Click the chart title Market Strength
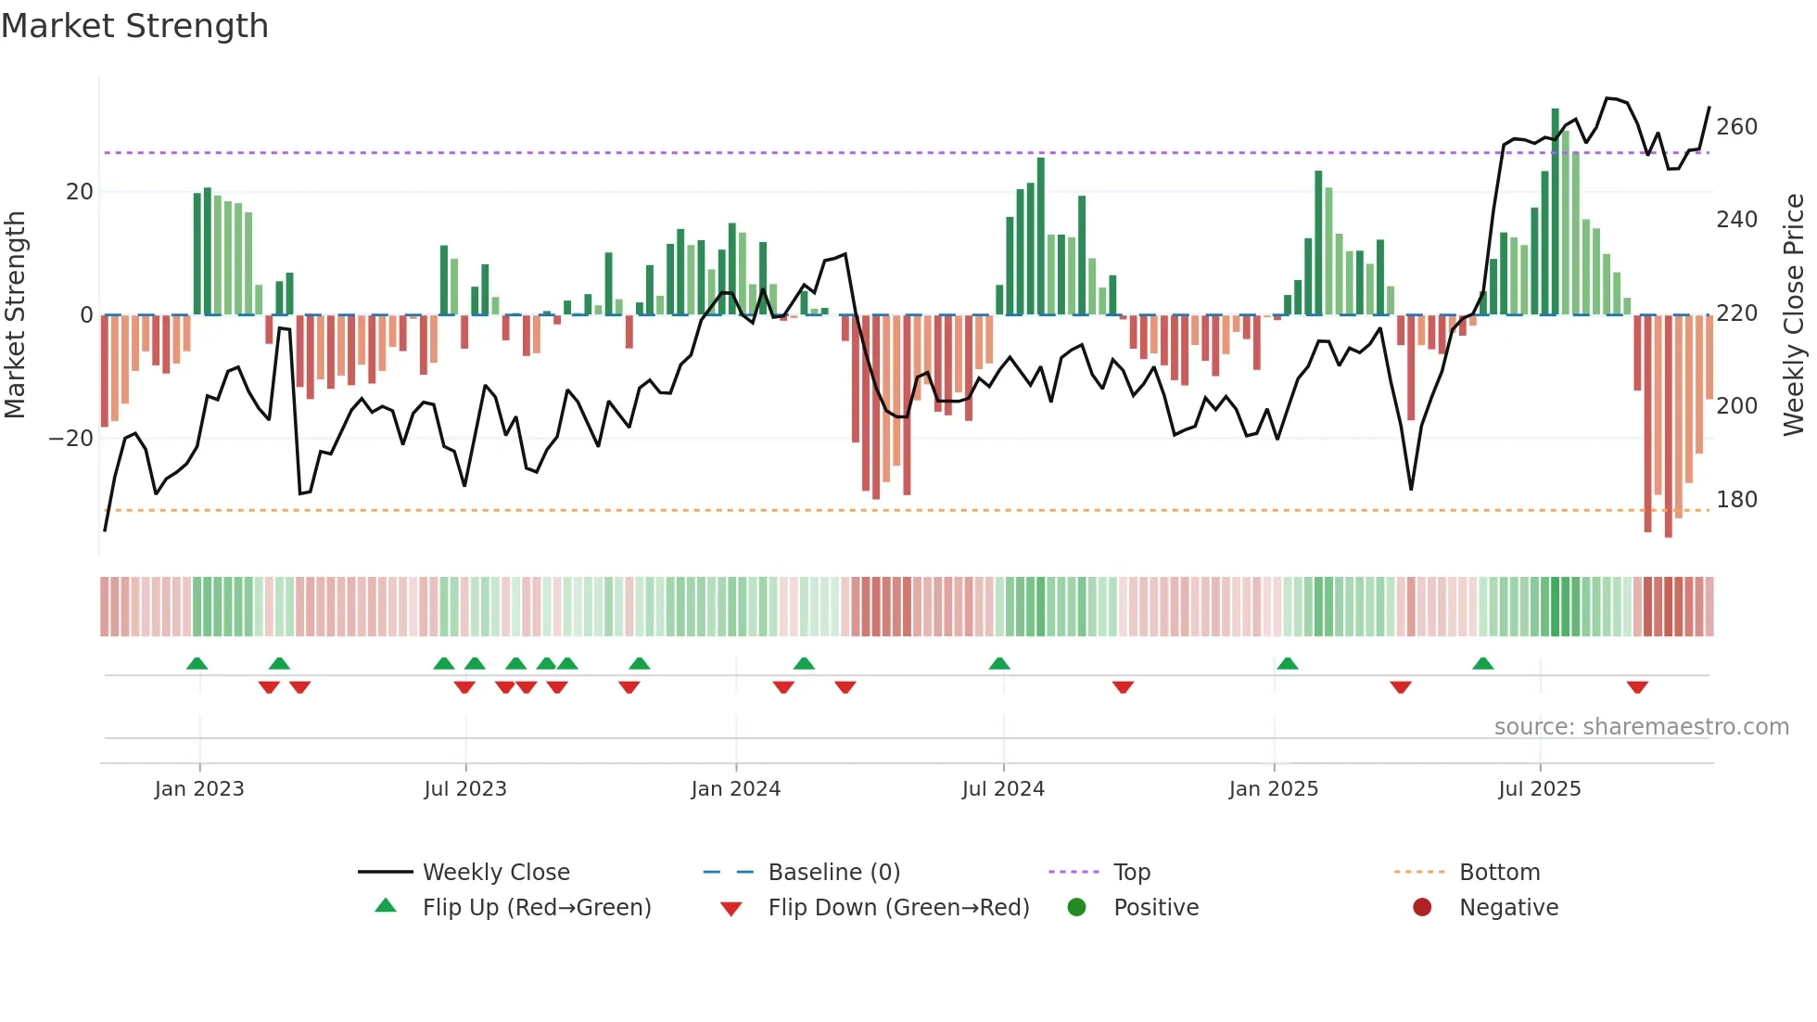135,26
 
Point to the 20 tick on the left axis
80,192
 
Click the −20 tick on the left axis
71,438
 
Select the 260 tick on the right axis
1736,127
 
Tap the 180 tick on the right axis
1736,500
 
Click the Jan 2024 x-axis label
736,789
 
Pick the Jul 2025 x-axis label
1540,789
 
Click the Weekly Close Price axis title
1795,315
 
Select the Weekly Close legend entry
496,873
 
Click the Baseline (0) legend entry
833,873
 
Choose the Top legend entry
1131,873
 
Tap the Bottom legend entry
1499,873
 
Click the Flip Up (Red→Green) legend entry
537,908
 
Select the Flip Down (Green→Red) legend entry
898,908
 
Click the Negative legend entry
1508,908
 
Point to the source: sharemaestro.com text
1641,727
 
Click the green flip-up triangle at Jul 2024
999,664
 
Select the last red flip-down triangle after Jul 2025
1637,687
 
